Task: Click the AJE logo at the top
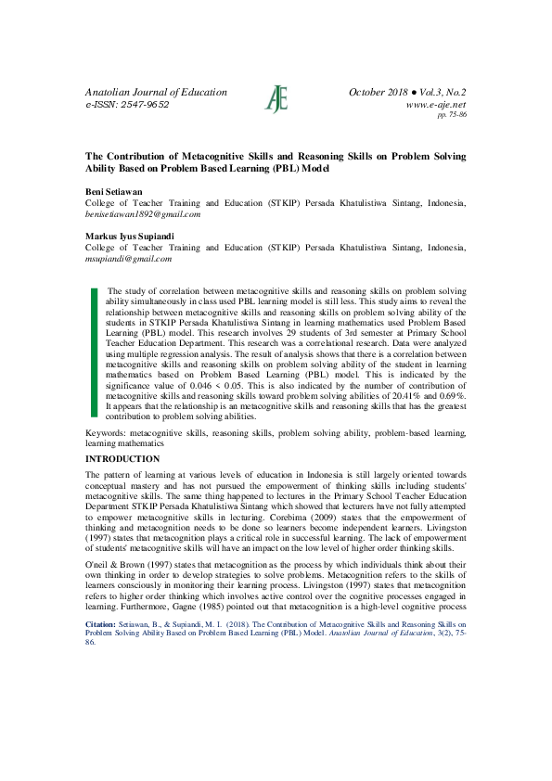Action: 276,98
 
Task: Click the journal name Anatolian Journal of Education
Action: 156,93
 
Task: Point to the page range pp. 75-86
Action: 451,116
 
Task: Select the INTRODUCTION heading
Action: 122,459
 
